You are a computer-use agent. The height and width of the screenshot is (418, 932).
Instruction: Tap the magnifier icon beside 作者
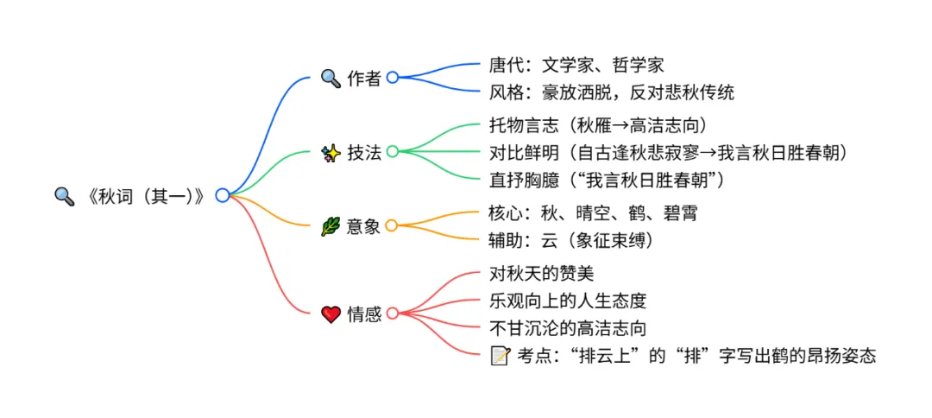click(331, 78)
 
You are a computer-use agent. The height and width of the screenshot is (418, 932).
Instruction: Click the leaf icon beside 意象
click(331, 226)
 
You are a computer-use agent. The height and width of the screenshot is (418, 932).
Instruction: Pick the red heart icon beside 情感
click(331, 314)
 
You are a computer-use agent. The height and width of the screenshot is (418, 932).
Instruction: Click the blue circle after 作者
click(392, 77)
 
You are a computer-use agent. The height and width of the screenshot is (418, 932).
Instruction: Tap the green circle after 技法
click(392, 152)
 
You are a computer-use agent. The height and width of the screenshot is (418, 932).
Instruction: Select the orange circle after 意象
click(392, 226)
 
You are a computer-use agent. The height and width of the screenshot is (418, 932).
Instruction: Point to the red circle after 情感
click(392, 313)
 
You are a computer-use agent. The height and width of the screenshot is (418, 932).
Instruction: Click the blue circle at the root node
click(222, 195)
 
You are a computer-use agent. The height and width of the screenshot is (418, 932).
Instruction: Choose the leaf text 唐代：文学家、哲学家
click(576, 64)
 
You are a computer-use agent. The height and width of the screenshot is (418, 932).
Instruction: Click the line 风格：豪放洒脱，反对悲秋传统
click(611, 91)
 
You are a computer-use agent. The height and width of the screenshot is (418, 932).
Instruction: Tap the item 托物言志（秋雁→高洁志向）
click(598, 126)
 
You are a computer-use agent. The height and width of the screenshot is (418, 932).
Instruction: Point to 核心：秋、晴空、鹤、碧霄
click(593, 213)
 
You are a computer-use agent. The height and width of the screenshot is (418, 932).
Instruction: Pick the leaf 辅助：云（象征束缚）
click(570, 240)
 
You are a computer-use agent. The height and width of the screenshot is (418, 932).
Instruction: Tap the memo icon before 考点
click(500, 355)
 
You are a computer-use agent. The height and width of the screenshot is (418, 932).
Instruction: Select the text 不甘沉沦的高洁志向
click(568, 328)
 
